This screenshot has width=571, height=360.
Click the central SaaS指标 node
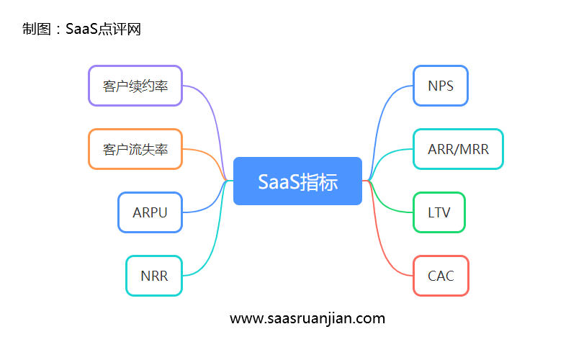tap(297, 181)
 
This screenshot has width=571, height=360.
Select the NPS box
tap(440, 86)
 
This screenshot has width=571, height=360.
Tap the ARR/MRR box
tap(457, 149)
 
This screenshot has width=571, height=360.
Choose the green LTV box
tap(439, 212)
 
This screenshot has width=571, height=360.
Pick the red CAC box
tap(440, 276)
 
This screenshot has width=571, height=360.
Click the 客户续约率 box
tap(135, 86)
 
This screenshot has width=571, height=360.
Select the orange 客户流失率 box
tap(135, 149)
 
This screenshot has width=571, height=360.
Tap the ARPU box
tap(150, 212)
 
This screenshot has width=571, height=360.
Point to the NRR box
tap(154, 276)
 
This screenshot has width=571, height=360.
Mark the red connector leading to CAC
tap(382, 238)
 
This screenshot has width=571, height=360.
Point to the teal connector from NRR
tap(216, 238)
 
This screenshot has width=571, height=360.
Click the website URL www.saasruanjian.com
tap(307, 318)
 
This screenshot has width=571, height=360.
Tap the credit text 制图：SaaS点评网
tap(81, 29)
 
